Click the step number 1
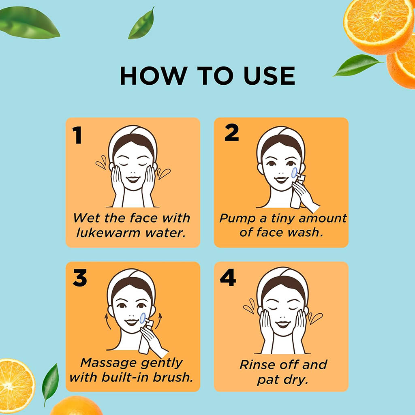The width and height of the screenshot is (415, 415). [77, 136]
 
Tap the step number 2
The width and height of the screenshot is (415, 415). [231, 133]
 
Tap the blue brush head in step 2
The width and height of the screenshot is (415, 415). [294, 173]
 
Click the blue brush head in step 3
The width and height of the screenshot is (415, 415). [143, 318]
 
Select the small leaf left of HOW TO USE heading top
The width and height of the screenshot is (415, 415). [141, 25]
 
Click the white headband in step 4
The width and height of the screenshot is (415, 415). [282, 276]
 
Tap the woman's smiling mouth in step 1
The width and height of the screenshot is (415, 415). [133, 180]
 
